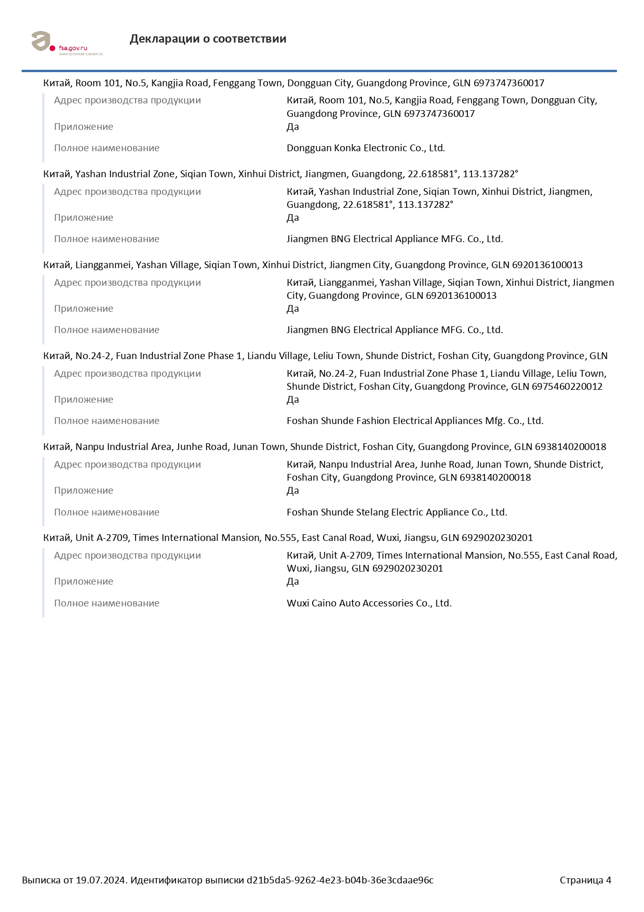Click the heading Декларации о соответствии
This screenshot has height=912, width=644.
coord(208,39)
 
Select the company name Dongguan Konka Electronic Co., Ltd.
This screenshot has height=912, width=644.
coord(366,148)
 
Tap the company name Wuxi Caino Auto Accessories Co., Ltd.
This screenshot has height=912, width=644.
coord(369,603)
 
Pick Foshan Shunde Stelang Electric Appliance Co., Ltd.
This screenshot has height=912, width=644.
coord(397,512)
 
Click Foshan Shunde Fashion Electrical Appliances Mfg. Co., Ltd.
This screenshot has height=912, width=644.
coord(415,421)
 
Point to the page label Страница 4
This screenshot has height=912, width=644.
coord(585,880)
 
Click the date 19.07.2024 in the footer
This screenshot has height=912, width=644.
coord(101,880)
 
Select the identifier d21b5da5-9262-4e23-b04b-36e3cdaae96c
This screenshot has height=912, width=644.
coord(340,880)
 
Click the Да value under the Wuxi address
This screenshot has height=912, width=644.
coord(293,582)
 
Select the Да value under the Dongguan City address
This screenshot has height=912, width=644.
coord(293,127)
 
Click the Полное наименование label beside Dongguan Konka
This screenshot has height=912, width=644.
coord(106,148)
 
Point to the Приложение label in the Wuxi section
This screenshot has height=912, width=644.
coord(84,582)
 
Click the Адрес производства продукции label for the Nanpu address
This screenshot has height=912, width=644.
coord(127,465)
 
